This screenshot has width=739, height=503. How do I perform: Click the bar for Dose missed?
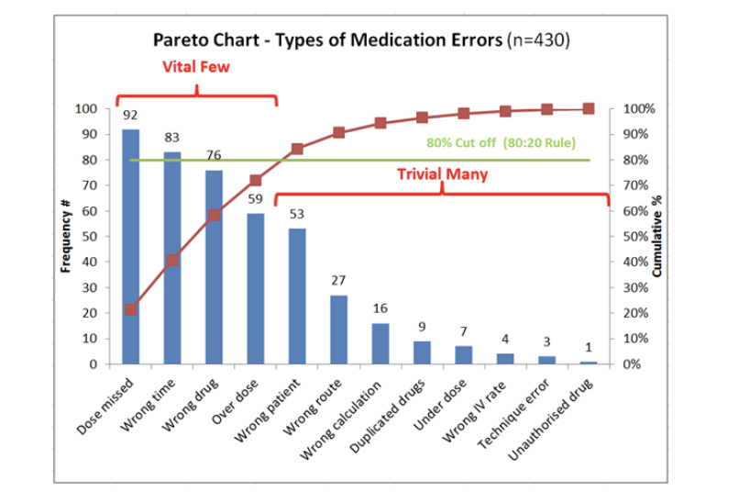click(131, 247)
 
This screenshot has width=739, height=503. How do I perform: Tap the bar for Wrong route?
click(338, 330)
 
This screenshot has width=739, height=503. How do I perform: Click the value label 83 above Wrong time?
click(171, 137)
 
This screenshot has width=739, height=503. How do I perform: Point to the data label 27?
click(338, 280)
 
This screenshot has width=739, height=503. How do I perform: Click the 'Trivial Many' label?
click(442, 173)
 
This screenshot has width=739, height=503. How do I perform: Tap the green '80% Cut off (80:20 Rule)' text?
click(501, 144)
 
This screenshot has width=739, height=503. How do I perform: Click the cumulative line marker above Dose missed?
click(131, 309)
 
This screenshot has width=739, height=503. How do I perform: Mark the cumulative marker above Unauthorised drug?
click(588, 108)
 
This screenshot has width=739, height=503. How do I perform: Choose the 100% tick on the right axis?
click(638, 109)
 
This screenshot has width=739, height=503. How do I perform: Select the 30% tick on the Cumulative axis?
click(635, 288)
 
